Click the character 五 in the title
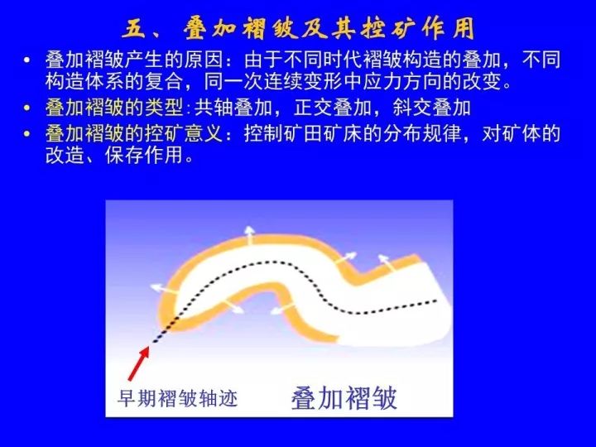pyautogui.click(x=135, y=29)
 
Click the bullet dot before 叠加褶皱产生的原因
pyautogui.click(x=26, y=60)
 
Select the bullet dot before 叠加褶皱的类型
pyautogui.click(x=26, y=108)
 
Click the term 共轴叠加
pyautogui.click(x=233, y=108)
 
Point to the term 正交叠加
pyautogui.click(x=332, y=108)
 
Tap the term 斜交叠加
pyautogui.click(x=432, y=108)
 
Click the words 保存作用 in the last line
pyautogui.click(x=144, y=155)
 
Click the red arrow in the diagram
pyautogui.click(x=138, y=363)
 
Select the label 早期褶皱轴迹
pyautogui.click(x=177, y=398)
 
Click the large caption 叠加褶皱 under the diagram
pyautogui.click(x=344, y=398)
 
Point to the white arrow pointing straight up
pyautogui.click(x=249, y=234)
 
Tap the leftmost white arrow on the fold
pyautogui.click(x=164, y=289)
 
